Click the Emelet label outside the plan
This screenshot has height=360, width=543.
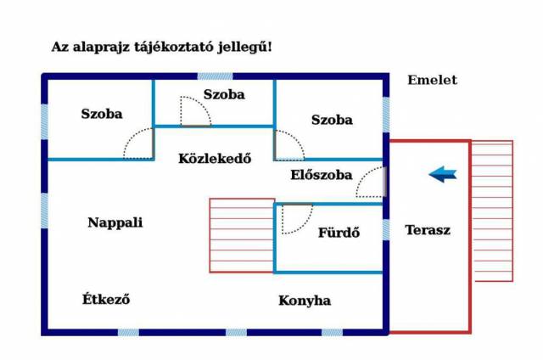[x=432, y=80]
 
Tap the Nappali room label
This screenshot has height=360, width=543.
[x=115, y=222]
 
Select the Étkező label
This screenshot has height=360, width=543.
[x=106, y=300]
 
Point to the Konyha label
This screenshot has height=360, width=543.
[x=305, y=301]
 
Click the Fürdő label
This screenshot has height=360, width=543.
[x=339, y=232]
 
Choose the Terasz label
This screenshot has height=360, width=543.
[x=427, y=229]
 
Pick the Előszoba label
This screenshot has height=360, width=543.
[x=321, y=175]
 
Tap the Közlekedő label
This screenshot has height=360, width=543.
[x=215, y=157]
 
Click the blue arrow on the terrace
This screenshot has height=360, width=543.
[x=442, y=174]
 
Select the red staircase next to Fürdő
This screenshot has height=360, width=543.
[x=242, y=235]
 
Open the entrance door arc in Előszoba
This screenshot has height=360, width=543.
[x=370, y=183]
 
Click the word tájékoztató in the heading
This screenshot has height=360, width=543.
[x=187, y=47]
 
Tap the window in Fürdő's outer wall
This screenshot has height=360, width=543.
[x=386, y=229]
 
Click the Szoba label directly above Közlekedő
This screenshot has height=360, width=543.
[x=224, y=94]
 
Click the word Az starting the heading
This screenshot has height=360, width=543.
[x=60, y=47]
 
